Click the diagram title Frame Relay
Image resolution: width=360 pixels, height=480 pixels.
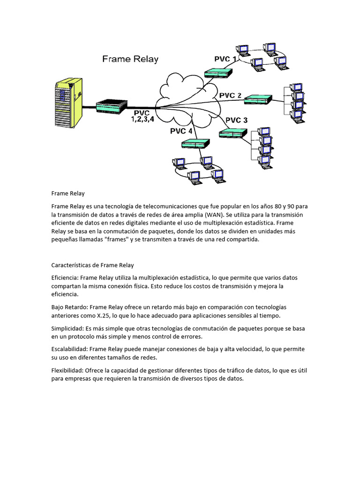(130, 59)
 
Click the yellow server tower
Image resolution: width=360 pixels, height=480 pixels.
(67, 101)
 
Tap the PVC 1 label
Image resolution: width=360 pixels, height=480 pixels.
(225, 59)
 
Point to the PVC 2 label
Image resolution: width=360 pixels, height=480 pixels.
(230, 96)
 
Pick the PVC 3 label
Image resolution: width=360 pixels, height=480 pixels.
(236, 120)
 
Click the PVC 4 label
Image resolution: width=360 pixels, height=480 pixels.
(181, 131)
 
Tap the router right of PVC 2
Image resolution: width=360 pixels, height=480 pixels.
(258, 99)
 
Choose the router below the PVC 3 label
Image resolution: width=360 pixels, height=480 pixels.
(233, 134)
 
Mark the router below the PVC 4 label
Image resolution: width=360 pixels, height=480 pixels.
(195, 144)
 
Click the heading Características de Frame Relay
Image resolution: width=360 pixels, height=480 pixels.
(92, 265)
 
